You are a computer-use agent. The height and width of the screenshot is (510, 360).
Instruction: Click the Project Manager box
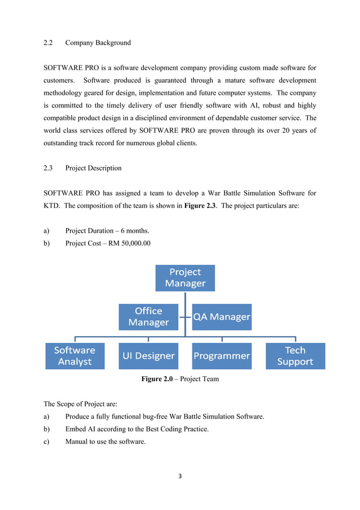(x=185, y=278)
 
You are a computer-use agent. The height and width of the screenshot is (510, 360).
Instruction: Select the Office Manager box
(x=148, y=317)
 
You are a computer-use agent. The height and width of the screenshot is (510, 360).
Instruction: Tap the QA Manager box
(x=222, y=317)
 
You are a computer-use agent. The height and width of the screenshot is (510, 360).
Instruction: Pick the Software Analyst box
(x=75, y=356)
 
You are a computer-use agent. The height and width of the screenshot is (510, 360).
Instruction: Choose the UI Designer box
(x=148, y=356)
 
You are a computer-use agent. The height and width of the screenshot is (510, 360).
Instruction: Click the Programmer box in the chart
(x=222, y=356)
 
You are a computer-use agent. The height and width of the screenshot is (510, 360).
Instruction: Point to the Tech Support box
(x=295, y=356)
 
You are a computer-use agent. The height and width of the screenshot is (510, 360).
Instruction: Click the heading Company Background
(x=98, y=43)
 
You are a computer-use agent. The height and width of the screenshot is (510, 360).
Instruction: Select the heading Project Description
(x=93, y=168)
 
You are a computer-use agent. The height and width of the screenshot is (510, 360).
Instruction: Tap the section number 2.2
(x=49, y=43)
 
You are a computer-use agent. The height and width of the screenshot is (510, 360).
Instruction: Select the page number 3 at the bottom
(x=180, y=477)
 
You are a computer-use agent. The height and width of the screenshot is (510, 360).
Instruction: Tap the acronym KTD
(x=52, y=206)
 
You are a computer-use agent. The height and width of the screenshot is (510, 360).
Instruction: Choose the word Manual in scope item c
(x=77, y=442)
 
